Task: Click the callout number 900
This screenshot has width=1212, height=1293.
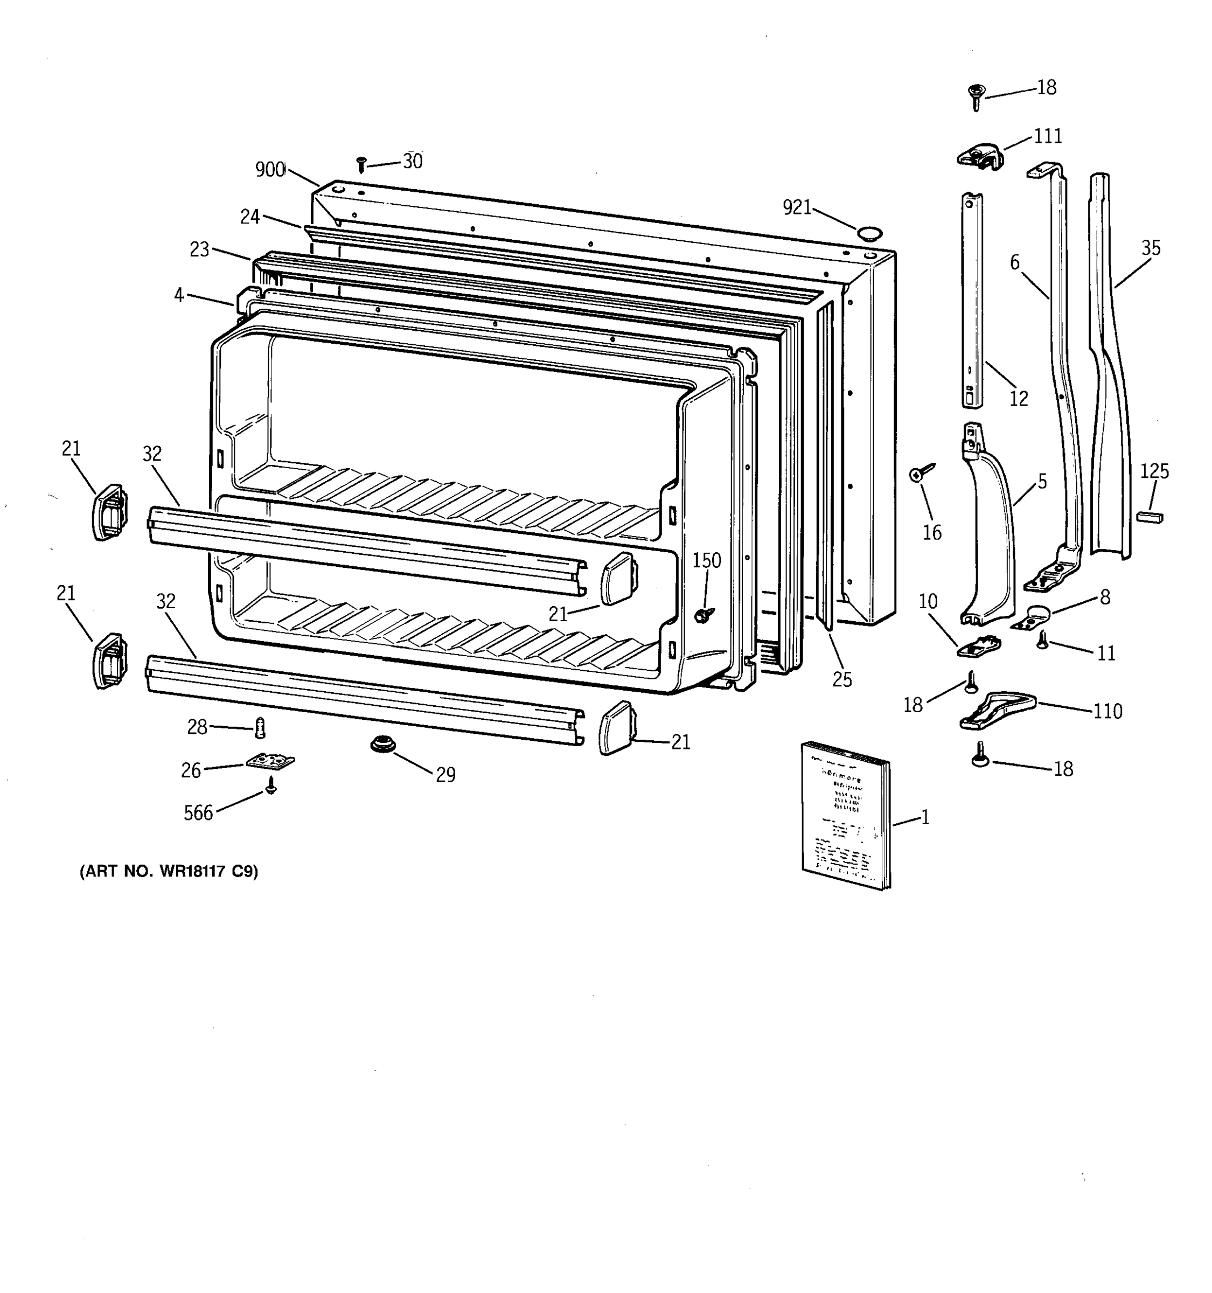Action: coord(270,170)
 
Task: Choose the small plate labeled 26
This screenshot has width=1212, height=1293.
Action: coord(270,760)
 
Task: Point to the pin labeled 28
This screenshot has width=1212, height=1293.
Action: coord(261,728)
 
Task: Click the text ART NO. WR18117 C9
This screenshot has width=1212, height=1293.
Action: coord(169,871)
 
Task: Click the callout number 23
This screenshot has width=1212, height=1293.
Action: coord(200,249)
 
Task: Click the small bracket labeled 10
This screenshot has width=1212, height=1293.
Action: coord(979,646)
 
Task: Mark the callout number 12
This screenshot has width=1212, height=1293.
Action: coord(1018,398)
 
